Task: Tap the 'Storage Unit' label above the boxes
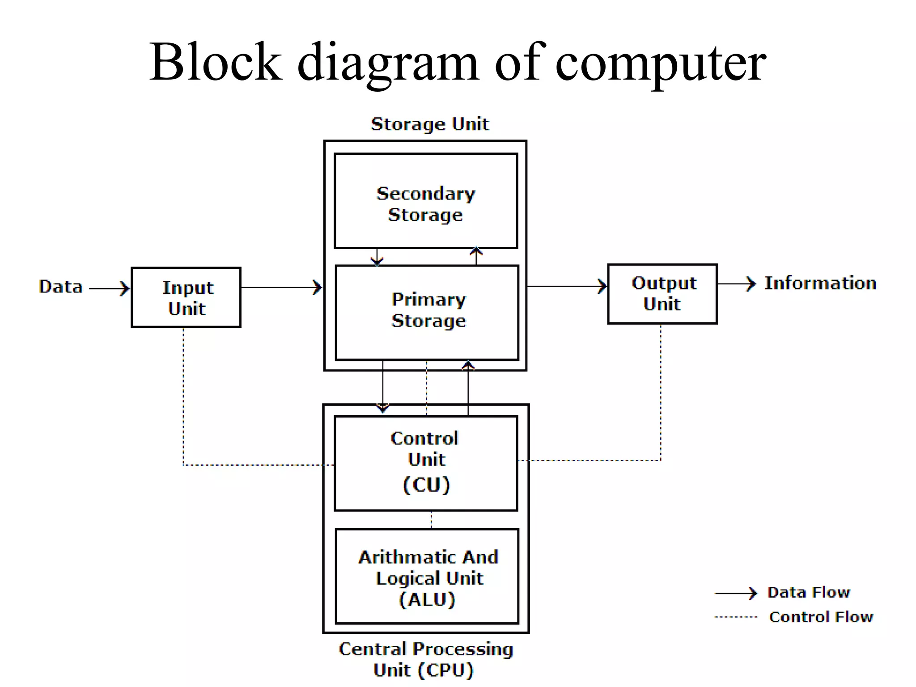(x=430, y=124)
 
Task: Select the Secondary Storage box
(x=426, y=201)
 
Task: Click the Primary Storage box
(x=427, y=312)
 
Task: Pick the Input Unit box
(x=186, y=297)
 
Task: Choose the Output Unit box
(x=662, y=294)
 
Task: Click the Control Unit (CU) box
(x=426, y=463)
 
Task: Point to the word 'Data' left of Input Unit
(x=61, y=287)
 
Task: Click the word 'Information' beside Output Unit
(x=820, y=284)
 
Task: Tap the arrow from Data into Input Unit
(x=110, y=288)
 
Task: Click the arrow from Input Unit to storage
(x=282, y=287)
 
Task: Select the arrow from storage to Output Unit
(x=567, y=286)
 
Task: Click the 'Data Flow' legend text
(x=809, y=593)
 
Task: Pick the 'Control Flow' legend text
(x=821, y=617)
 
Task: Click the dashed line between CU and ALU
(x=431, y=520)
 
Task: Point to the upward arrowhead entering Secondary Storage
(x=476, y=251)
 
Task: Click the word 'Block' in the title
(x=216, y=63)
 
